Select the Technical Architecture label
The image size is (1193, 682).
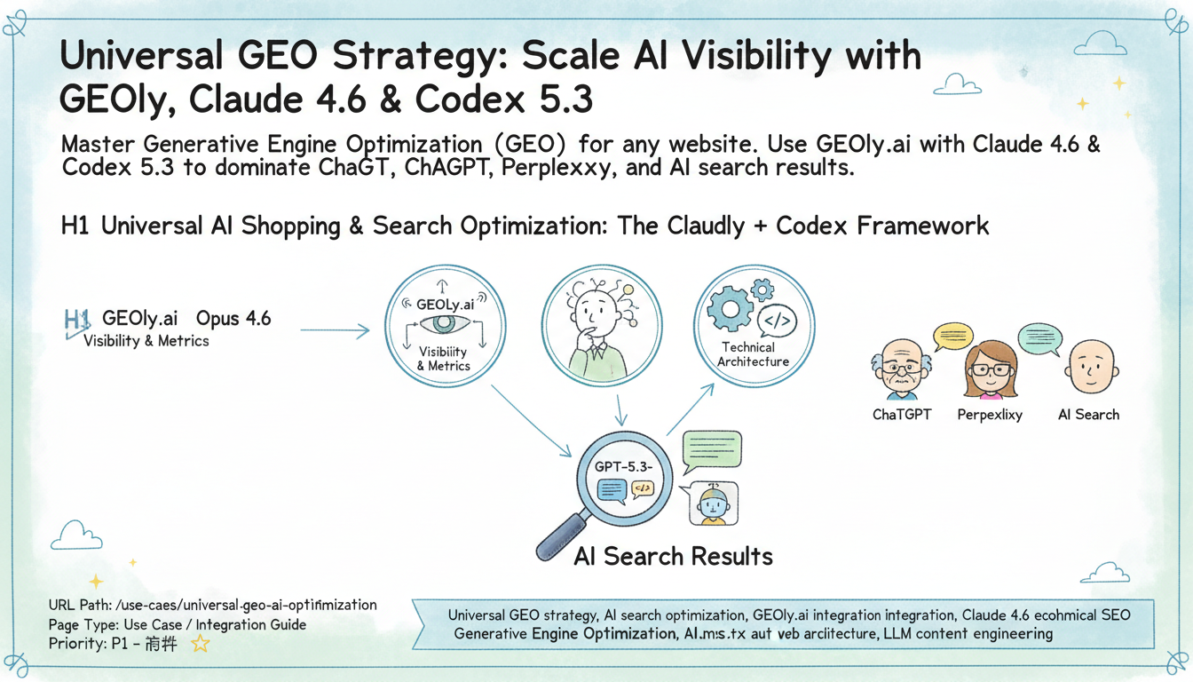753,354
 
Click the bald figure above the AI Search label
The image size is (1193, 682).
1087,366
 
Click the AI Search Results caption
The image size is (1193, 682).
673,557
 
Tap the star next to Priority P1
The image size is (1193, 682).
201,644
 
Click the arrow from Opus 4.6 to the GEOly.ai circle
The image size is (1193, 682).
335,331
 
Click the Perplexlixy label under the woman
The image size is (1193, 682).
990,415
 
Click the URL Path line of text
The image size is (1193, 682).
213,605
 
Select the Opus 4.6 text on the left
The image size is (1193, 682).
233,318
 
